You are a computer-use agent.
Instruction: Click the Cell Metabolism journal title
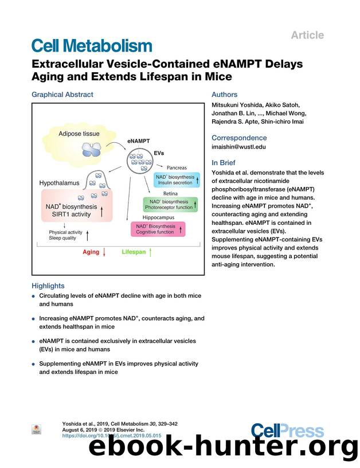(92, 46)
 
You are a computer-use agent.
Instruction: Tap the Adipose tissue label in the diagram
(79, 134)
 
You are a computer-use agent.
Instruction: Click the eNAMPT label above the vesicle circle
(138, 140)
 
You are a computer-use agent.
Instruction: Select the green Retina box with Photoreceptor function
(170, 204)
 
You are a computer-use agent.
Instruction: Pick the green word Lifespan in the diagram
(134, 252)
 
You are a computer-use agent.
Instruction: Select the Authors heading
(224, 95)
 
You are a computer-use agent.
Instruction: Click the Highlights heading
(48, 286)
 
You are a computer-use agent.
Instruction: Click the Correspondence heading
(239, 138)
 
